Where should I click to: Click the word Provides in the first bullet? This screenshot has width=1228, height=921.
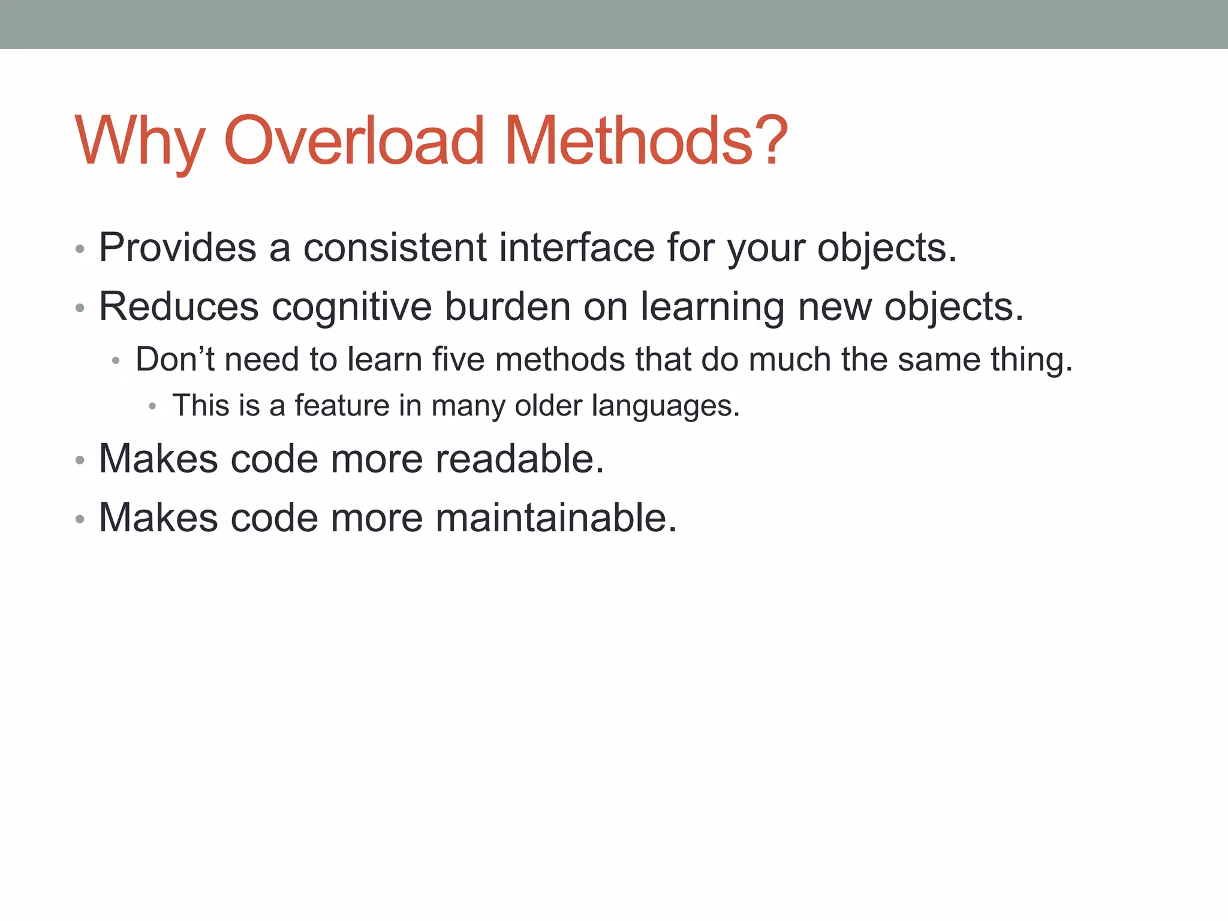tap(177, 247)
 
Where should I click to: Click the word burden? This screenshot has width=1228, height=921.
tap(507, 307)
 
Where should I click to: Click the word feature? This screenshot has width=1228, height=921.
tap(342, 405)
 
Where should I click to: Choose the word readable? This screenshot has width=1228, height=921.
tap(519, 459)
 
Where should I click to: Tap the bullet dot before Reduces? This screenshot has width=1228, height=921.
tap(80, 309)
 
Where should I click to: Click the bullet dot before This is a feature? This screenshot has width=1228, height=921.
tap(152, 407)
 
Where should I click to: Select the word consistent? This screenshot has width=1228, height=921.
tap(395, 247)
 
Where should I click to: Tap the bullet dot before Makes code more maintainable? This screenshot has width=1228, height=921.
tap(80, 519)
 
